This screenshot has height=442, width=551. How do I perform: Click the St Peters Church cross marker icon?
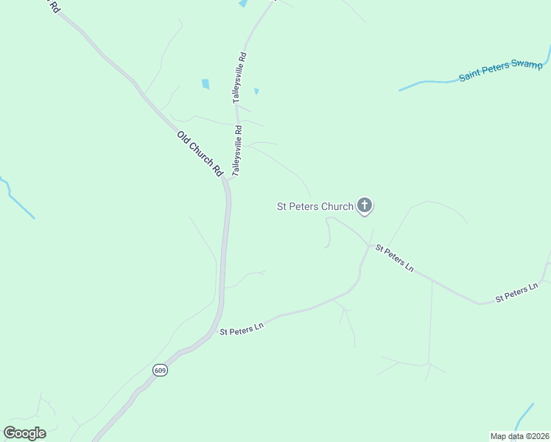[364, 206]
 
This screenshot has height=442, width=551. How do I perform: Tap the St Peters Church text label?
[315, 207]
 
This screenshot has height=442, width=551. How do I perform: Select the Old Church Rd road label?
[200, 153]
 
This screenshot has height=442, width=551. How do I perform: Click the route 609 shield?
[161, 370]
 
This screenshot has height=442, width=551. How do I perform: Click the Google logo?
[24, 433]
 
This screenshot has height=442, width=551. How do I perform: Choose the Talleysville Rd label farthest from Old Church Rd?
[240, 77]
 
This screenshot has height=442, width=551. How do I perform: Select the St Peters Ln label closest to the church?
[394, 258]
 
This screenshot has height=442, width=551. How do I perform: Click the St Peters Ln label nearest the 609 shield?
[242, 330]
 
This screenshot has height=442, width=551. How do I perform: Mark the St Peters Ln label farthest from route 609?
[517, 292]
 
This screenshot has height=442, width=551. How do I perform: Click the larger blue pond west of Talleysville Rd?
[206, 84]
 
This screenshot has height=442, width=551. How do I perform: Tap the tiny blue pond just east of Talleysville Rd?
[256, 91]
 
